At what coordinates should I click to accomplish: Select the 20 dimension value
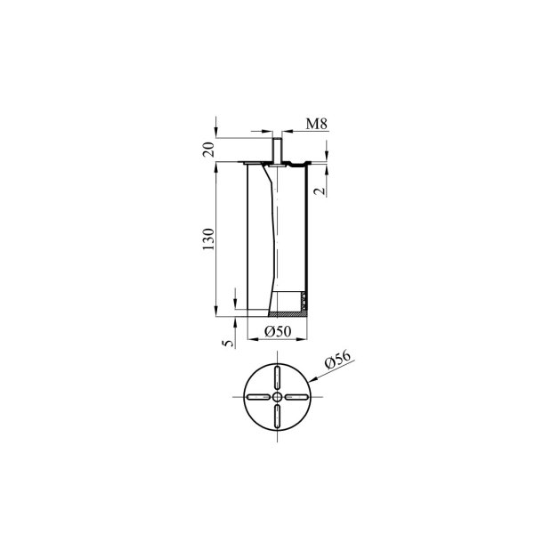(207, 150)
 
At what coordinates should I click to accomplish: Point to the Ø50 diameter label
(279, 332)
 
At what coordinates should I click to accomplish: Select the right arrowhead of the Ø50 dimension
(305, 338)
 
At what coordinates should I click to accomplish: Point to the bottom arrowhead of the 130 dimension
(218, 313)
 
